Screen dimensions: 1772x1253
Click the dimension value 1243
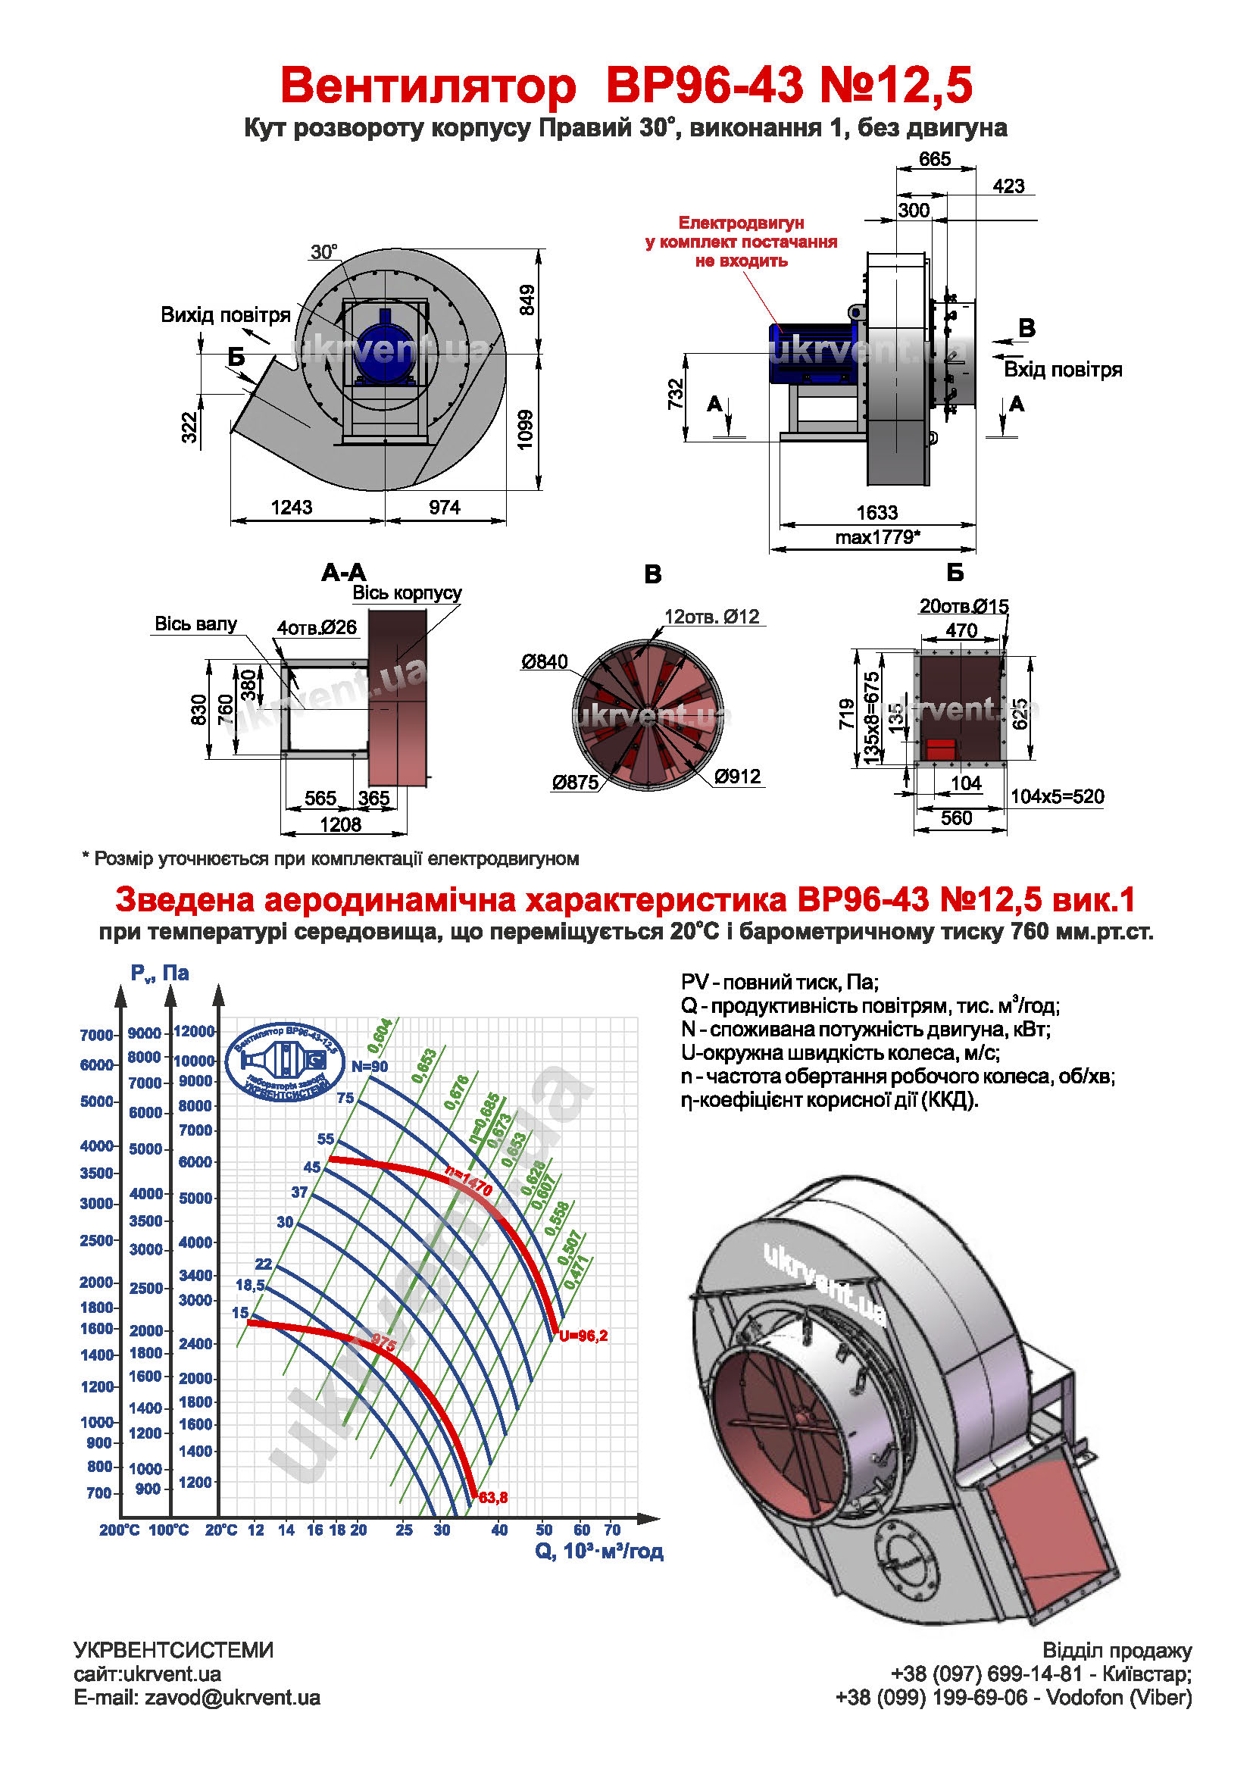click(291, 507)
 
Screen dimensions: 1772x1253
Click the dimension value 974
click(445, 507)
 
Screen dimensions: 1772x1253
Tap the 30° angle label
click(324, 252)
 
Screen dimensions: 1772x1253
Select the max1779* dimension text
click(877, 536)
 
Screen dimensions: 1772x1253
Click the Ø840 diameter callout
click(544, 661)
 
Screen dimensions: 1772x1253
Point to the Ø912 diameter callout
click(738, 777)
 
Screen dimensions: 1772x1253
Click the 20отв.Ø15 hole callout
click(964, 606)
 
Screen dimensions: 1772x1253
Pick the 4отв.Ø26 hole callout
click(317, 627)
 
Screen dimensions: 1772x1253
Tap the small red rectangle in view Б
click(941, 748)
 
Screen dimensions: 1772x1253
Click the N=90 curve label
click(370, 1066)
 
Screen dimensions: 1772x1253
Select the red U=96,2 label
click(583, 1335)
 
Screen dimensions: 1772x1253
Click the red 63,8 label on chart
click(493, 1497)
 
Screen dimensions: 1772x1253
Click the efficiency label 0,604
click(380, 1036)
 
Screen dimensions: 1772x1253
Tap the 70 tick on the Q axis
click(612, 1530)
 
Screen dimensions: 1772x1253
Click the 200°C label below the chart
click(120, 1530)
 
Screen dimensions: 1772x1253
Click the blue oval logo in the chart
click(286, 1062)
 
